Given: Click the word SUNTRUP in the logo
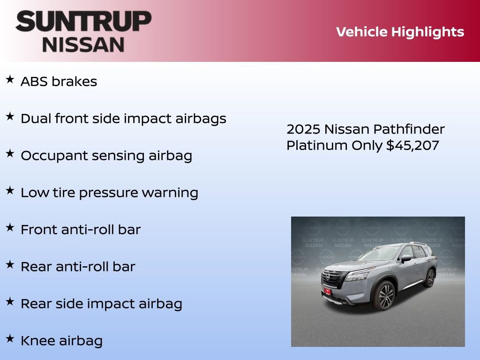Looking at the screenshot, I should tap(83, 22).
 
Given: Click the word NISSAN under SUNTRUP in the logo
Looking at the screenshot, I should tap(83, 45).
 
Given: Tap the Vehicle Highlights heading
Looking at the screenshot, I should tap(400, 32).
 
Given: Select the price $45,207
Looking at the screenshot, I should tap(412, 145).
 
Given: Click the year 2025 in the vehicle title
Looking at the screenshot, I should tap(303, 129).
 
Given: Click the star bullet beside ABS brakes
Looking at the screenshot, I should tap(10, 80).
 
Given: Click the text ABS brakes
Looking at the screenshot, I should tap(59, 82).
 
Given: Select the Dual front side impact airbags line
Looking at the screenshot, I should tap(123, 119).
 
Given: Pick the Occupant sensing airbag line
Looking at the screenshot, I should tap(106, 156).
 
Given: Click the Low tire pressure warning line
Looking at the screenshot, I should tap(109, 193).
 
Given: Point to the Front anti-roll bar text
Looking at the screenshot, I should tap(81, 230).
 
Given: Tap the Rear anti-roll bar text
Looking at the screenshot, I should tap(78, 267).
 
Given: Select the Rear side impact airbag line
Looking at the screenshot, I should tap(101, 304).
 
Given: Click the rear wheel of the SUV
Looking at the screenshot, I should tap(429, 278).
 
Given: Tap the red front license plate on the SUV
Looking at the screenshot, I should tap(327, 292).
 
